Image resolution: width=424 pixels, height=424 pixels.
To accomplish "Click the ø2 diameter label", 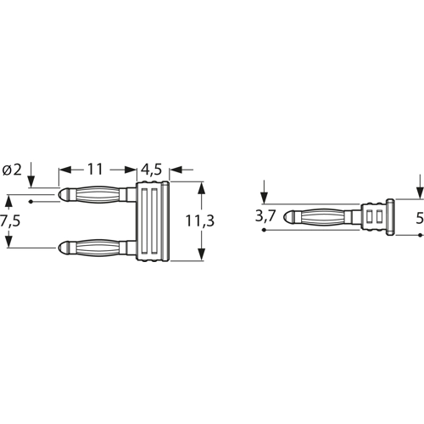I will pyautogui.click(x=13, y=170).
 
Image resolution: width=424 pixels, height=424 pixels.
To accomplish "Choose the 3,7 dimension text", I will pyautogui.click(x=265, y=215).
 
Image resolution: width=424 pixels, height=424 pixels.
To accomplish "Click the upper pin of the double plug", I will pyautogui.click(x=98, y=195).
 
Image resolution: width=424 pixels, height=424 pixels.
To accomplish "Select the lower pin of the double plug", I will pyautogui.click(x=98, y=248).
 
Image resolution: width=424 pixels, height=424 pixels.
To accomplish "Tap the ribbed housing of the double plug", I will pyautogui.click(x=154, y=222).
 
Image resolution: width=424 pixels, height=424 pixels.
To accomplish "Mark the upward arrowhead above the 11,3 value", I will pyautogui.click(x=201, y=188).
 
